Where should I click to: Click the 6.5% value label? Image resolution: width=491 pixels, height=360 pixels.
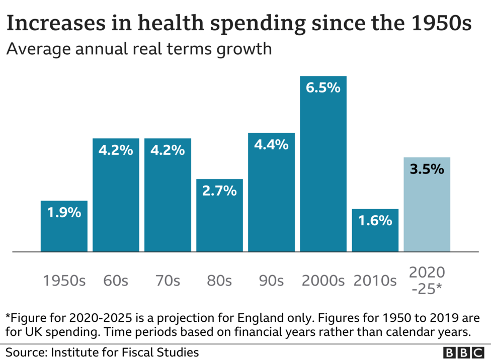pyautogui.click(x=323, y=87)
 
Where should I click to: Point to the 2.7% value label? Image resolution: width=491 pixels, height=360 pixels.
pyautogui.click(x=219, y=191)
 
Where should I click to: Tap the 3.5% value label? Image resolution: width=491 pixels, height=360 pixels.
pyautogui.click(x=427, y=169)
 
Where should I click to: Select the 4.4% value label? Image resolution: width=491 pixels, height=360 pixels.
pyautogui.click(x=271, y=145)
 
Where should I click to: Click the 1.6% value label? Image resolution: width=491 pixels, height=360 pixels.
pyautogui.click(x=375, y=220)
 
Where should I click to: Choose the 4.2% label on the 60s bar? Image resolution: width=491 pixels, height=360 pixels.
pyautogui.click(x=116, y=150)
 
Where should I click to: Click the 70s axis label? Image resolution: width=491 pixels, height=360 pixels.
pyautogui.click(x=168, y=281)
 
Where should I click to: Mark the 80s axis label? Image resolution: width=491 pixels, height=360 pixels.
pyautogui.click(x=219, y=281)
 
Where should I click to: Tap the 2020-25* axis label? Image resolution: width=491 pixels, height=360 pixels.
pyautogui.click(x=427, y=281)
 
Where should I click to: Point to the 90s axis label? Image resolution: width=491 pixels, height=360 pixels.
pyautogui.click(x=271, y=281)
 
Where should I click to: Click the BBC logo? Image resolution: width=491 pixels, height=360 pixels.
pyautogui.click(x=463, y=352)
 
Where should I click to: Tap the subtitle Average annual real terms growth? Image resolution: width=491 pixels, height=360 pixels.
pyautogui.click(x=139, y=49)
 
